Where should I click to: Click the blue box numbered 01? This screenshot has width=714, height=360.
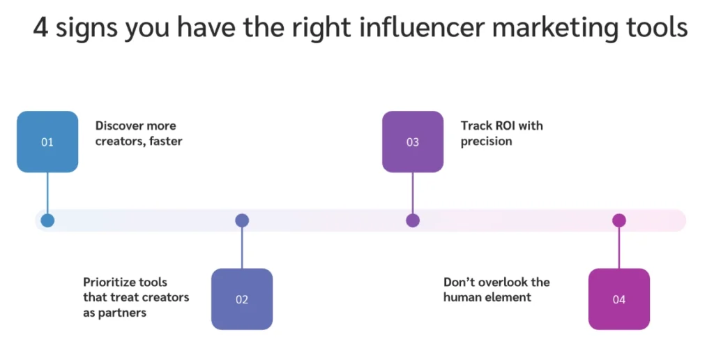click(47, 142)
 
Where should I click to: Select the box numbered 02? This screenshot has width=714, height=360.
click(242, 299)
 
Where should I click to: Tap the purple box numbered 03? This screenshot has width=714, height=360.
click(413, 142)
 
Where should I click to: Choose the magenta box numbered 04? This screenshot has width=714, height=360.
click(619, 299)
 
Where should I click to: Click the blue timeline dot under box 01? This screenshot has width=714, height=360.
click(47, 220)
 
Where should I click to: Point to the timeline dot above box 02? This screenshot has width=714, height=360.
click(242, 220)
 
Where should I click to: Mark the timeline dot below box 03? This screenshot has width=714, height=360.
click(413, 220)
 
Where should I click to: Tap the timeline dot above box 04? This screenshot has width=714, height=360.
click(619, 220)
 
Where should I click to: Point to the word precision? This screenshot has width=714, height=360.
click(486, 142)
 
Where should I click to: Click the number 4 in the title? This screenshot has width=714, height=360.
click(40, 29)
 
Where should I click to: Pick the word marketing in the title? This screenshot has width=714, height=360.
click(559, 29)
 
